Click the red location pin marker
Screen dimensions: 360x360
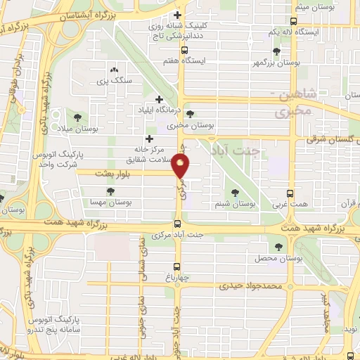coord(181,166)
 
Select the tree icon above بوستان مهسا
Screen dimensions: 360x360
coord(110,191)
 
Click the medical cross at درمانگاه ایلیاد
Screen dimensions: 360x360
coord(159,99)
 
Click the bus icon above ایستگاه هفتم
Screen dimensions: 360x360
coord(184,50)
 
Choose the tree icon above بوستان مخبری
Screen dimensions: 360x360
coord(190,115)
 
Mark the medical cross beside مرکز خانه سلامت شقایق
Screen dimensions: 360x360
coord(148,139)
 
